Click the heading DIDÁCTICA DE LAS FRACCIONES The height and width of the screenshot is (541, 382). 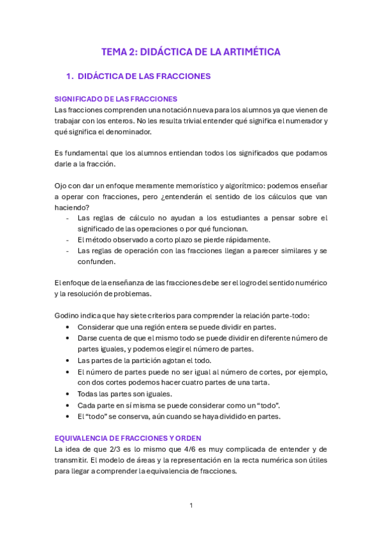[x=144, y=77]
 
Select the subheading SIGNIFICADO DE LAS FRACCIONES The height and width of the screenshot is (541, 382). [x=115, y=99]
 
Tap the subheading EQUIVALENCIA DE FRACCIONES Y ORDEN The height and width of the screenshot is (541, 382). [x=128, y=438]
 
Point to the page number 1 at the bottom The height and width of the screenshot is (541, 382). [x=191, y=506]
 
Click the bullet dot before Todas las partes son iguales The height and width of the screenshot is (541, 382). [x=68, y=394]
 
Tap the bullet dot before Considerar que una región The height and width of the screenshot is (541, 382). [x=68, y=327]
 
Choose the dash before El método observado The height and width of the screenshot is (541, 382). [x=68, y=240]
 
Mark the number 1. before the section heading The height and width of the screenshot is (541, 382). [x=70, y=77]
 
